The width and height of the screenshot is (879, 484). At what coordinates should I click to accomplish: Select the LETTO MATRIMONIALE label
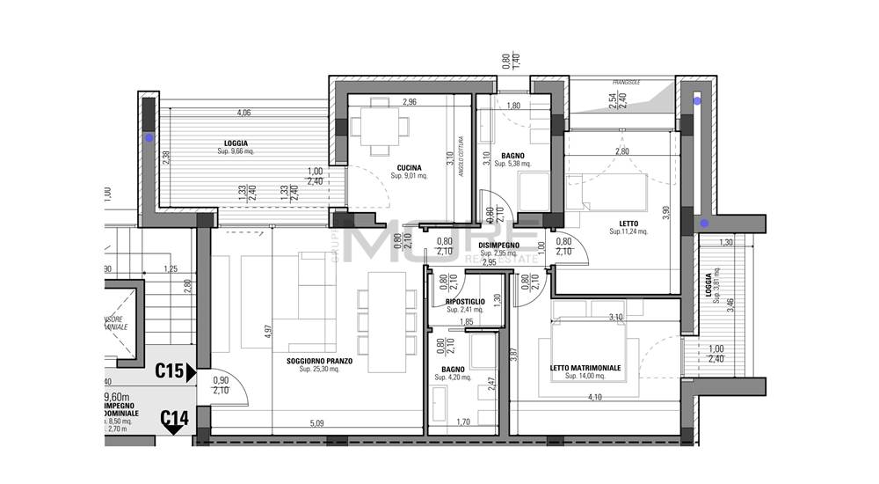[x=585, y=368]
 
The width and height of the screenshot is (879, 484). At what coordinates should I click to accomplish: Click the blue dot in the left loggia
[x=149, y=138]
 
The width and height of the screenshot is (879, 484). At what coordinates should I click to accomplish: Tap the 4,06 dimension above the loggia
[x=243, y=113]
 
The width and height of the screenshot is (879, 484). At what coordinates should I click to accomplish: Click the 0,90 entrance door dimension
[x=221, y=380]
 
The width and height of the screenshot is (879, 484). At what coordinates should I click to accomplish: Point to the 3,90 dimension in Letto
[x=666, y=211]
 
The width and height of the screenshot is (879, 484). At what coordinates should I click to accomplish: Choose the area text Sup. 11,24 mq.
[x=628, y=232]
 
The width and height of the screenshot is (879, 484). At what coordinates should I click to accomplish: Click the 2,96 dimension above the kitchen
[x=409, y=103]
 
